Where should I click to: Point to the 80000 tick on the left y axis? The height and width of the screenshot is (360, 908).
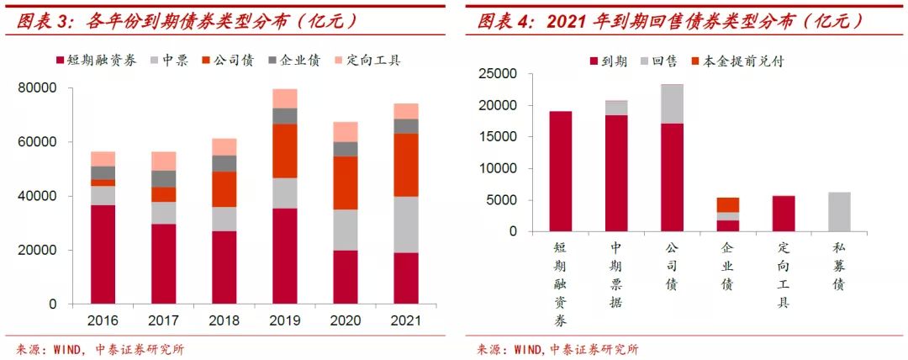coord(38,87)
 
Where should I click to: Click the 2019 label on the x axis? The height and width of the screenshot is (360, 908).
coord(285,320)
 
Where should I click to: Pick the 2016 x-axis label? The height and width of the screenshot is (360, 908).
coord(103,320)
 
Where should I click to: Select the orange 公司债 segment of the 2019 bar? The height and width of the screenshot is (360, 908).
coord(285,151)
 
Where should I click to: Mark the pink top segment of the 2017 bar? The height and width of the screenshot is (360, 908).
coord(163,161)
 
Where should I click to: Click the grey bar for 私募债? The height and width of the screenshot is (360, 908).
coord(838,212)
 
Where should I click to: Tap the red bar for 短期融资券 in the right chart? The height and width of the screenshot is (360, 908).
coord(562,172)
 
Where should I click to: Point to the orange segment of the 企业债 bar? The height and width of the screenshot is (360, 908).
coord(728,204)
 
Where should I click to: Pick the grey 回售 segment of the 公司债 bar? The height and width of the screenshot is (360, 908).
coord(672,103)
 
